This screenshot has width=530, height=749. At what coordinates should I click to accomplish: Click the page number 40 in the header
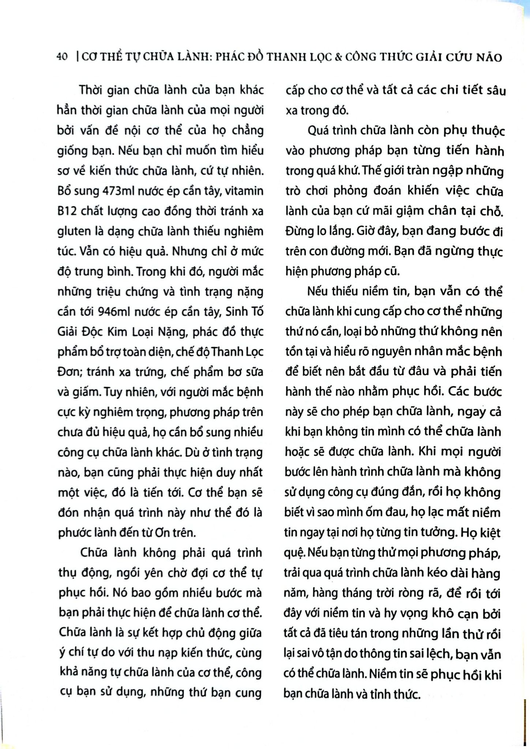point(62,57)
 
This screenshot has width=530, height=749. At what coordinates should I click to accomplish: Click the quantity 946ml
point(116,312)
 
